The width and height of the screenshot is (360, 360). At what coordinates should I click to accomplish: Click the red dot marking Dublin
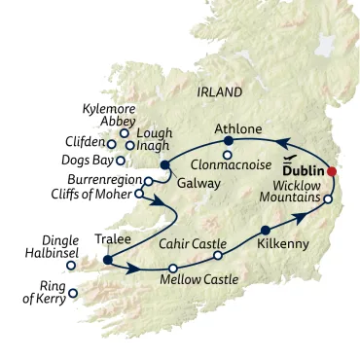point(332,171)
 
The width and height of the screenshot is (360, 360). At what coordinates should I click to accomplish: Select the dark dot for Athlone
point(228,140)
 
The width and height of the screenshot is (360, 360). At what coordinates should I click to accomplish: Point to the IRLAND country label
point(219,92)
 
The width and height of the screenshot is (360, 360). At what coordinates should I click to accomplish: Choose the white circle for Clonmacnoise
point(227,155)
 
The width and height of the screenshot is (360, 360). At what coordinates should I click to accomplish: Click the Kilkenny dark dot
point(265,231)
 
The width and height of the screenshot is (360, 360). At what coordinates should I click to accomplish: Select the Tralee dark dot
point(106,260)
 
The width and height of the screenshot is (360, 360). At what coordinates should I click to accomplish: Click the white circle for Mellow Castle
point(172,268)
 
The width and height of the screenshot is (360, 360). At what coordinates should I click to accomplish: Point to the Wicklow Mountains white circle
point(328,199)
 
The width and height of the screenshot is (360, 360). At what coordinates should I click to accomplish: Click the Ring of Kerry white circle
point(73,292)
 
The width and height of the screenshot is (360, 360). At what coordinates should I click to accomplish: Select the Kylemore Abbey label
point(109,117)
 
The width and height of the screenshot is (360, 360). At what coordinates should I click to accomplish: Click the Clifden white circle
point(112,144)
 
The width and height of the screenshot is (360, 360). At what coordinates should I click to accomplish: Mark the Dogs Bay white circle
point(120,161)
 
